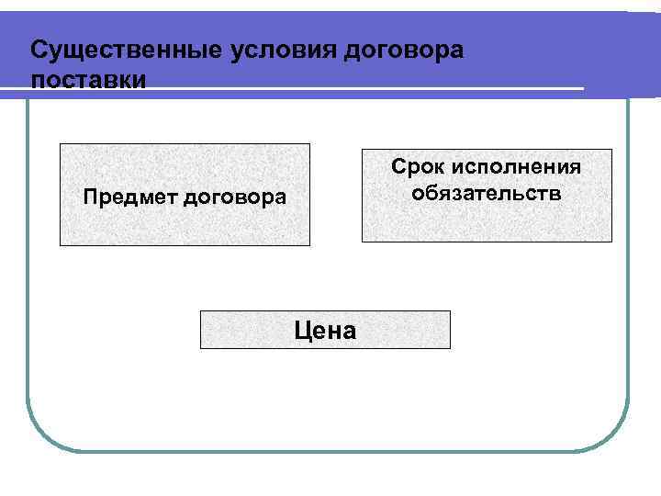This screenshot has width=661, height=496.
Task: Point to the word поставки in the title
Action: [x=87, y=79]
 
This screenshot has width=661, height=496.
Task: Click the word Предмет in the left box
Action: [x=129, y=197]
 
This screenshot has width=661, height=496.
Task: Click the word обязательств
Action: [x=487, y=194]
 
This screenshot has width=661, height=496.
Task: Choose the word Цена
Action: [x=325, y=331]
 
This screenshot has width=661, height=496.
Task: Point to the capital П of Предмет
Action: [x=90, y=197]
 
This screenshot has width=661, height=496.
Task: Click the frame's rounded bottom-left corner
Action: [x=41, y=436]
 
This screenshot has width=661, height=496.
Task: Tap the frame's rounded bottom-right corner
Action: [x=615, y=436]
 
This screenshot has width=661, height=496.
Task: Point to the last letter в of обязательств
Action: [x=555, y=195]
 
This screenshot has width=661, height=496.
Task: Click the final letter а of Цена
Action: [x=348, y=333]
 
